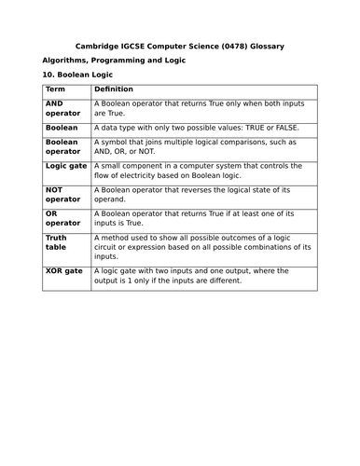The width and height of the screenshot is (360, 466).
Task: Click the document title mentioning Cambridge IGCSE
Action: point(179,46)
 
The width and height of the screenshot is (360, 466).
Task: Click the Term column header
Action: point(55,89)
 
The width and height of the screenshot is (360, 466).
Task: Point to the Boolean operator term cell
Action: point(63,147)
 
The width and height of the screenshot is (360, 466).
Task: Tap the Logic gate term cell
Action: point(64,166)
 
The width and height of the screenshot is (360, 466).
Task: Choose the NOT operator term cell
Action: point(63,193)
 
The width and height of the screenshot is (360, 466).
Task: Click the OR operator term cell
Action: point(63,218)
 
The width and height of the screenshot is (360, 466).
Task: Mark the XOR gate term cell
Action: point(63,271)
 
